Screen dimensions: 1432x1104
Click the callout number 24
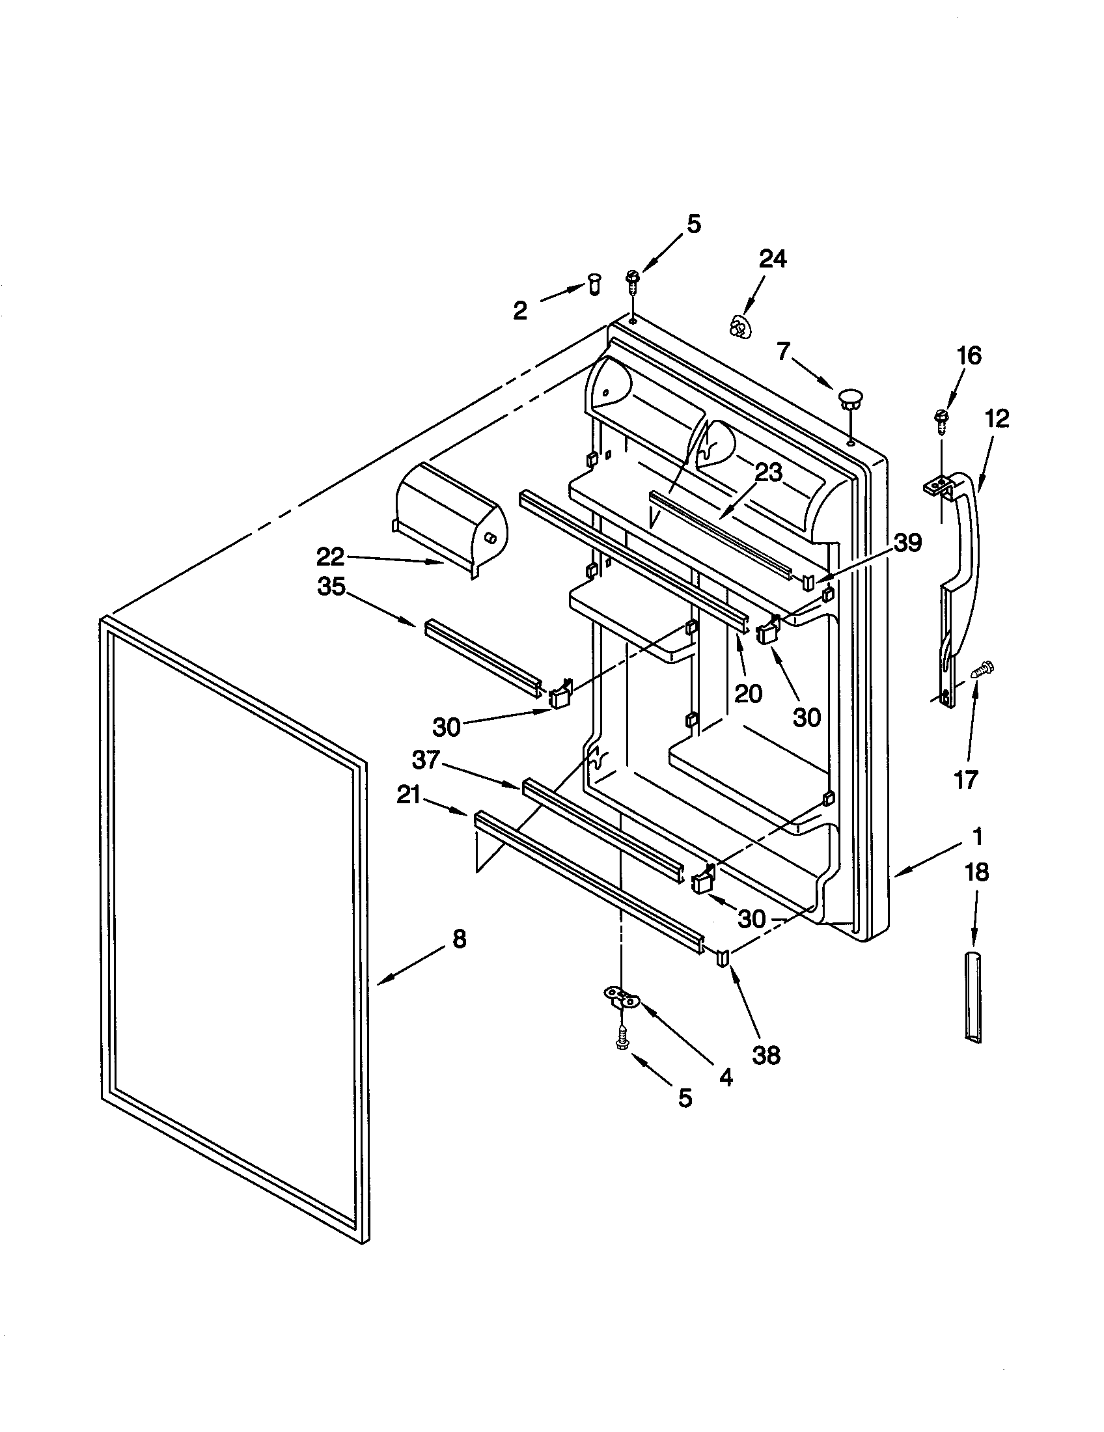tap(772, 259)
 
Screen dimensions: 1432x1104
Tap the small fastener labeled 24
tap(739, 327)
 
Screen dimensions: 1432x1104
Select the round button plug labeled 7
tap(849, 397)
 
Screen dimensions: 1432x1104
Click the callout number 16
tap(969, 356)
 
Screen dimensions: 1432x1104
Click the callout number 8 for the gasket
tap(460, 939)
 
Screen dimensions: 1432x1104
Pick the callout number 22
tap(331, 557)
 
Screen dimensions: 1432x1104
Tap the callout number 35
tap(331, 587)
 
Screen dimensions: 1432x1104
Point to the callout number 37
tap(426, 760)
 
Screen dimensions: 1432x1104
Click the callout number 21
tap(409, 795)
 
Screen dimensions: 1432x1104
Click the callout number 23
tap(768, 472)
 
